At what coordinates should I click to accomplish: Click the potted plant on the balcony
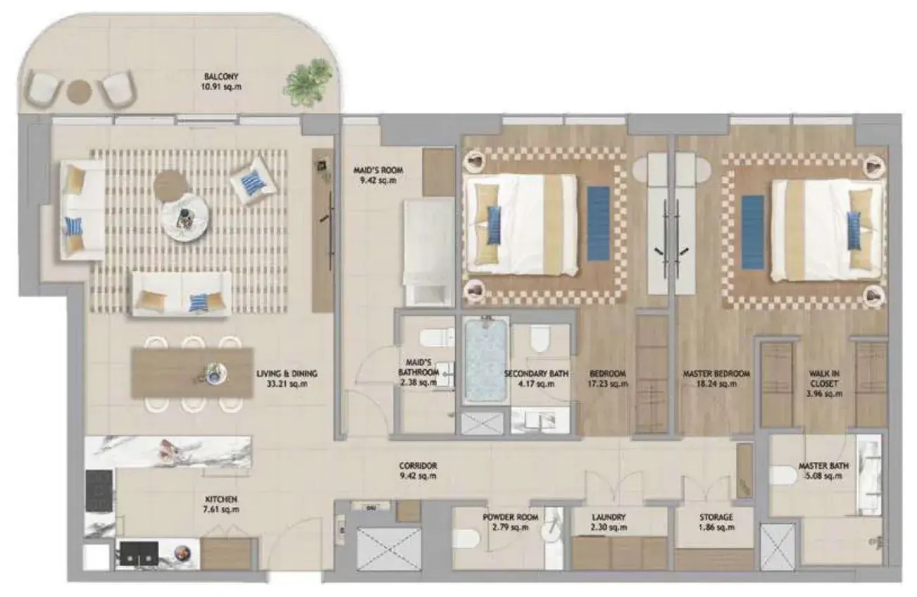point(308,83)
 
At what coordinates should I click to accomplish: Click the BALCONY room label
point(221,77)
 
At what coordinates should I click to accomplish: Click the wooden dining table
point(192,372)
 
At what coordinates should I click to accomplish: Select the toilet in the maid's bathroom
point(437,338)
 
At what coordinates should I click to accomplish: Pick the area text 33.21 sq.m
point(287,384)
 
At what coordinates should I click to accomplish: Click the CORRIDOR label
point(418,465)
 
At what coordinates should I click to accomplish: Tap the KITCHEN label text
point(221,499)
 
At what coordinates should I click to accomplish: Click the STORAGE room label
point(716,517)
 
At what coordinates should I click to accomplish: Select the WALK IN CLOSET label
point(824,379)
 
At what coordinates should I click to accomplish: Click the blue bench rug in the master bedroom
point(753,232)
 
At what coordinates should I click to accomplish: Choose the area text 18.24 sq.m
point(717,384)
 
